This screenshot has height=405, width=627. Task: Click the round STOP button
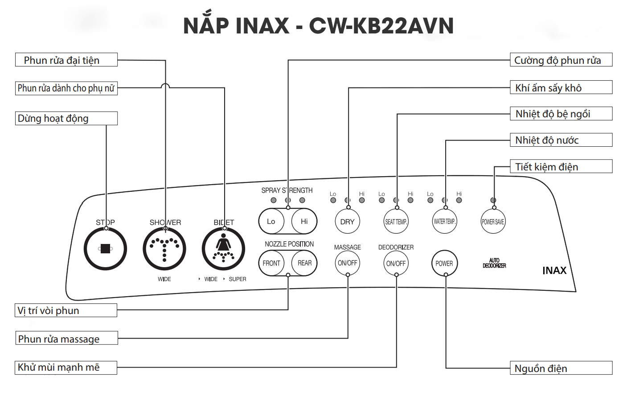[105, 248]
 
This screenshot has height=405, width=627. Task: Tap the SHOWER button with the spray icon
[164, 248]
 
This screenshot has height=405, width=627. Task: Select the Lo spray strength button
[271, 221]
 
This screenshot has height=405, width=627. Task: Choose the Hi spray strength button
[304, 221]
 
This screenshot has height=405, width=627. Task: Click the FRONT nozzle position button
[271, 263]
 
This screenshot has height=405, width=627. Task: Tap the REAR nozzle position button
[304, 263]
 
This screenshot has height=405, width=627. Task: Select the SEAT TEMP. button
[396, 221]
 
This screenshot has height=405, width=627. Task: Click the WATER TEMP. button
[444, 221]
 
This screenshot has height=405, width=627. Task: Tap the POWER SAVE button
[493, 221]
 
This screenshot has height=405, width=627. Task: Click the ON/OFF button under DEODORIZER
[396, 263]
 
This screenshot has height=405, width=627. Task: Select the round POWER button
[444, 263]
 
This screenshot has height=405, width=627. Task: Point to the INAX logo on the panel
[554, 270]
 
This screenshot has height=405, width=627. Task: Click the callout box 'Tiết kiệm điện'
[561, 166]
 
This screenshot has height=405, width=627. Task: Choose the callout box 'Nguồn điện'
[561, 368]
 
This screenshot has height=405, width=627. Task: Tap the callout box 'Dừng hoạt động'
[66, 118]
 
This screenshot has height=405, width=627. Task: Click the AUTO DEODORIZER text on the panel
[494, 263]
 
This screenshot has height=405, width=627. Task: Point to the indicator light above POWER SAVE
[493, 200]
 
